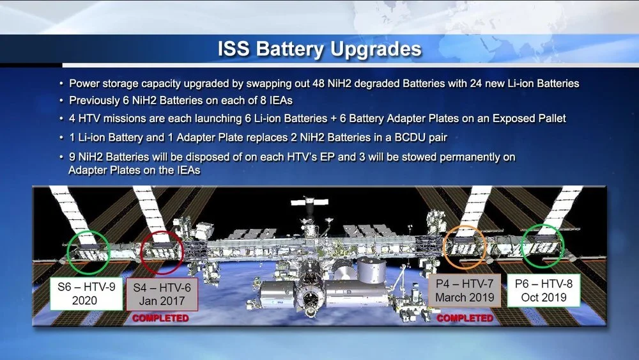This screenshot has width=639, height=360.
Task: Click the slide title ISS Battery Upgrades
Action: click(319, 49)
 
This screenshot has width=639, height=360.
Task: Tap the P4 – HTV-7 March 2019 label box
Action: click(465, 290)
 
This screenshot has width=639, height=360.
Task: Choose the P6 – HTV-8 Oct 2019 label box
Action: click(544, 291)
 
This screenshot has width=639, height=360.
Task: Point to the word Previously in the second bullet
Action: click(94, 100)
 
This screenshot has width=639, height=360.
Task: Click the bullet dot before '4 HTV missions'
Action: click(61, 119)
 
